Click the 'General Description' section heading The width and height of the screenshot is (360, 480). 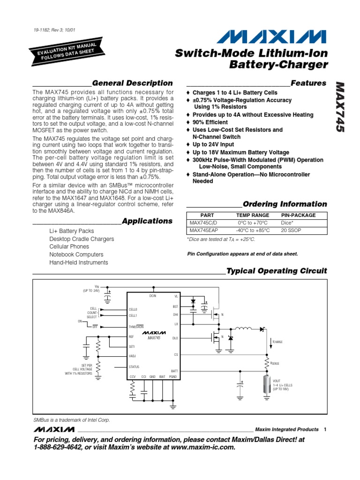pos(132,83)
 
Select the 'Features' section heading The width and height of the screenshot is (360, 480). pos(308,83)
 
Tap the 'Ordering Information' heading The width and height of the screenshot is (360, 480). pos(285,204)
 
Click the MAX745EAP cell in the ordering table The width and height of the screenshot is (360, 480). pos(204,231)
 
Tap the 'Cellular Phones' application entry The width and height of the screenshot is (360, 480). pos(69,247)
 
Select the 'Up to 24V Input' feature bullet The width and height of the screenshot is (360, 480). pos(213,145)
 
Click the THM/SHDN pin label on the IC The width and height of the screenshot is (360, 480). pos(136,326)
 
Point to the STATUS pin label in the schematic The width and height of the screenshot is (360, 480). pos(134,367)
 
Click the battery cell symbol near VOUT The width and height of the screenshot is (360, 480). pos(269,382)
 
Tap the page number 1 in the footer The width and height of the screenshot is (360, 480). pos(325,429)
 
